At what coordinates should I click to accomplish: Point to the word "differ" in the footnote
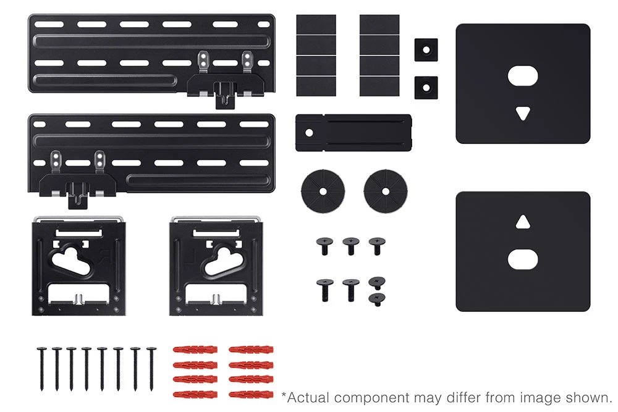tap(465, 397)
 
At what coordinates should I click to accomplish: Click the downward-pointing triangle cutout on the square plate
tap(523, 114)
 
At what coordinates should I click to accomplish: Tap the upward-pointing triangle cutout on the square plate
tap(523, 222)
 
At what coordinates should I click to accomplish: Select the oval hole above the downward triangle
tap(523, 76)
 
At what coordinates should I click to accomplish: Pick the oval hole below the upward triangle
tap(523, 259)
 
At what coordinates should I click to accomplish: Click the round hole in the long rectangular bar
tap(310, 133)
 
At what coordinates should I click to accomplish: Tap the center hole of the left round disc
tap(323, 191)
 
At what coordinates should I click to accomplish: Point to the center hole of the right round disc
tap(386, 191)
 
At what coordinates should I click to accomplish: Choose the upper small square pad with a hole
tap(426, 50)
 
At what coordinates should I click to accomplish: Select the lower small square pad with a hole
tap(426, 88)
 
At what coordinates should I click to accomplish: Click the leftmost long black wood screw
tap(42, 369)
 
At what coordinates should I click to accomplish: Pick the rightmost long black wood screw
tap(151, 369)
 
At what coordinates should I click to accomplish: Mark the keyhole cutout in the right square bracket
tap(222, 261)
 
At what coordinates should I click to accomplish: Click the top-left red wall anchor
tap(195, 350)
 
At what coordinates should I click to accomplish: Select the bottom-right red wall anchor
tap(251, 394)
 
